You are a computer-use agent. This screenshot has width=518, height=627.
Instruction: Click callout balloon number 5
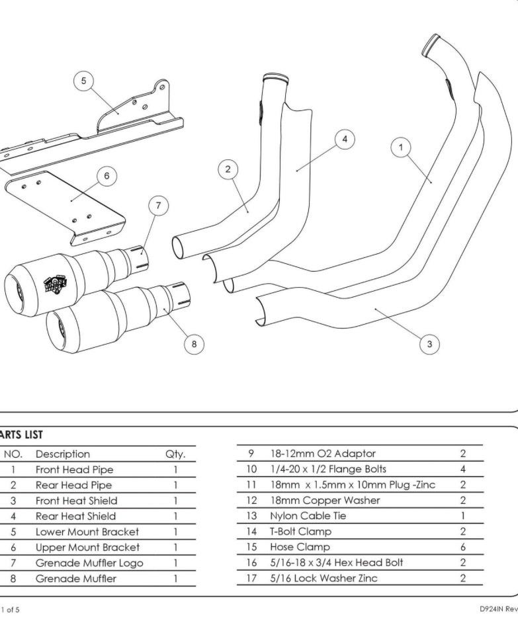click(x=83, y=81)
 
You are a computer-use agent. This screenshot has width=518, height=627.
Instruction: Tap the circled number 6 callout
click(x=107, y=175)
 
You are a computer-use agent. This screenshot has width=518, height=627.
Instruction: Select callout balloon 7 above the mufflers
click(x=158, y=206)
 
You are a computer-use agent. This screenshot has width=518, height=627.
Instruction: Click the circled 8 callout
click(x=194, y=343)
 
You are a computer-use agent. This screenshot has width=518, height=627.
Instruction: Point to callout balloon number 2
click(x=228, y=169)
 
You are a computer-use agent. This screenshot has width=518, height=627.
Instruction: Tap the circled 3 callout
click(x=429, y=343)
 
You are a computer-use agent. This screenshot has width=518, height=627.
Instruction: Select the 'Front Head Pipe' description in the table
click(x=74, y=470)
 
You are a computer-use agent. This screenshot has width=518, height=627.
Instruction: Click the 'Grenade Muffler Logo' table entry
click(x=89, y=563)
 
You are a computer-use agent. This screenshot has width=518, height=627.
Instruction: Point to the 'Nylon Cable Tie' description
click(x=308, y=516)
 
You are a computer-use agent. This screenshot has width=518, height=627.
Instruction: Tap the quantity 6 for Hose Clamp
click(x=463, y=547)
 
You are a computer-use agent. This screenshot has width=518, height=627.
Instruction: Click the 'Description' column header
click(x=63, y=454)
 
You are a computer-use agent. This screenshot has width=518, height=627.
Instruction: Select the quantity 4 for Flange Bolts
click(x=463, y=469)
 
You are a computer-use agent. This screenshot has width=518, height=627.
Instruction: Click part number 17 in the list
click(x=251, y=578)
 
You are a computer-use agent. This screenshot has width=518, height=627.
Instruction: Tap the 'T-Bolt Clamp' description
click(x=300, y=531)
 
